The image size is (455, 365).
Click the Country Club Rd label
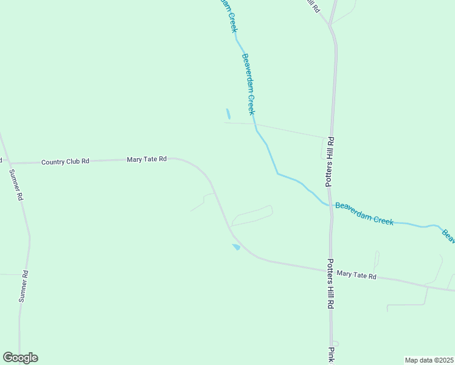pyautogui.click(x=65, y=162)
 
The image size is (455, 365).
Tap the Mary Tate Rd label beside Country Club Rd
pyautogui.click(x=147, y=159)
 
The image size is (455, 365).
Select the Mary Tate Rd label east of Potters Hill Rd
pyautogui.click(x=356, y=276)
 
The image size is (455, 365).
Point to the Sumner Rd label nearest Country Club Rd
pyautogui.click(x=16, y=185)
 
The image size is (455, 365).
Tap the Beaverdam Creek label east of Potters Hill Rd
pyautogui.click(x=364, y=214)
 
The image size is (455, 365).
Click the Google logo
pyautogui.click(x=20, y=358)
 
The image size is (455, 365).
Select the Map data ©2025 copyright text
pyautogui.click(x=429, y=360)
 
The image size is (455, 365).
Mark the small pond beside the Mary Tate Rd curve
pyautogui.click(x=236, y=247)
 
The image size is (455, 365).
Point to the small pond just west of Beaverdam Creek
pyautogui.click(x=228, y=114)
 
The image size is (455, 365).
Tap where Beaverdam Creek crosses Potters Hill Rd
pyautogui.click(x=331, y=205)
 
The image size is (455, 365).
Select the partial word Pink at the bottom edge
pyautogui.click(x=332, y=356)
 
